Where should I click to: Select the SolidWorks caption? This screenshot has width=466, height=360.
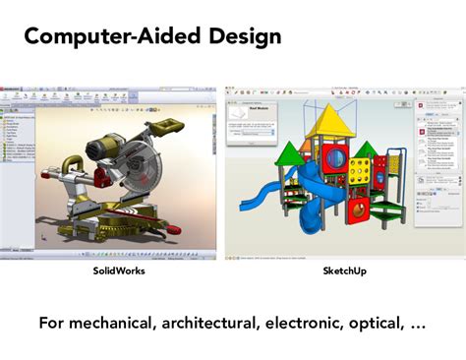pos(119,270)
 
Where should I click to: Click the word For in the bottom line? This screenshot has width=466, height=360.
pos(55,322)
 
